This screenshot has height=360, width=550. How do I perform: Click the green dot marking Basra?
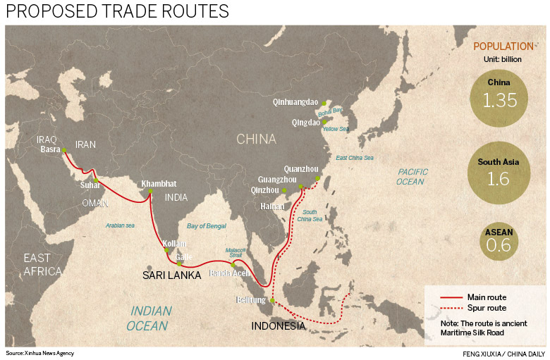(x=63, y=150)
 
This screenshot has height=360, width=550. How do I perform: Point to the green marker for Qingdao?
(x=325, y=122)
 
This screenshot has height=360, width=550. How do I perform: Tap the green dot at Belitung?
(x=272, y=300)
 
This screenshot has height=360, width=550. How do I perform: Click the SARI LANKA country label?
(x=172, y=275)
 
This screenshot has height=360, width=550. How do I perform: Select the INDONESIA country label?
(x=279, y=326)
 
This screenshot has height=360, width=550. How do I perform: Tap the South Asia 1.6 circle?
(x=499, y=174)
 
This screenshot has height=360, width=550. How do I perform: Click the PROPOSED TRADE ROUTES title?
(x=117, y=12)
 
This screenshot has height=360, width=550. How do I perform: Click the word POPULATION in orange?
(x=503, y=46)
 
